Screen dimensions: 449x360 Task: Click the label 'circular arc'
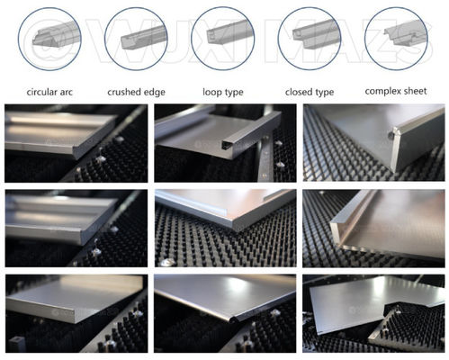[x=49, y=92]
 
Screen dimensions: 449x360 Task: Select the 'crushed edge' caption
[x=136, y=92]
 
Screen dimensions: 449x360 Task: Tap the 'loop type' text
[x=223, y=92]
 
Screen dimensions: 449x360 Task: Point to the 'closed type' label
[x=310, y=92]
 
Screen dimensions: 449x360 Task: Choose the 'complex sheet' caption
[x=396, y=91]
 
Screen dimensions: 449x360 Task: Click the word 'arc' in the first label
[x=66, y=92]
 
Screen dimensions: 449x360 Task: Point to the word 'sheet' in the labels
[x=414, y=91]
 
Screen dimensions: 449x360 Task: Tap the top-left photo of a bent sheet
[x=76, y=143]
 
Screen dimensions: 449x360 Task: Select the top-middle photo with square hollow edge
[x=225, y=143]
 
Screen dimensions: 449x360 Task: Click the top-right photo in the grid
[x=373, y=143]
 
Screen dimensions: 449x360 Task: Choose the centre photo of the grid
[x=226, y=229]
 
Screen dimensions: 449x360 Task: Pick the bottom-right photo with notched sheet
[x=373, y=313]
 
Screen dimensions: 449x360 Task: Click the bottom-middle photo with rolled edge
[x=225, y=313]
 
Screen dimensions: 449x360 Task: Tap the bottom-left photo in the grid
[x=76, y=313]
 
